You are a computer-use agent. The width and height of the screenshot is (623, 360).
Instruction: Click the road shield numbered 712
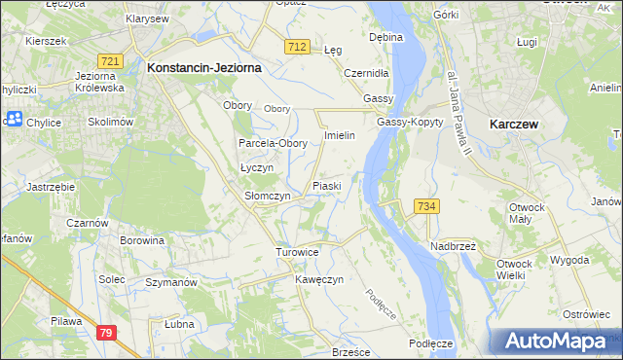click(298, 47)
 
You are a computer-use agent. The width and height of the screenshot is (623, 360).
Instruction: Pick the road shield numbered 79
click(107, 333)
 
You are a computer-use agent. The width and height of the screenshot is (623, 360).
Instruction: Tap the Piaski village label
click(326, 185)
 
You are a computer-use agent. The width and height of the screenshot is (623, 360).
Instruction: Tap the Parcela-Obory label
click(274, 143)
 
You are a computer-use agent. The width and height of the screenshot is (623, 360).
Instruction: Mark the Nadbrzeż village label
click(453, 246)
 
